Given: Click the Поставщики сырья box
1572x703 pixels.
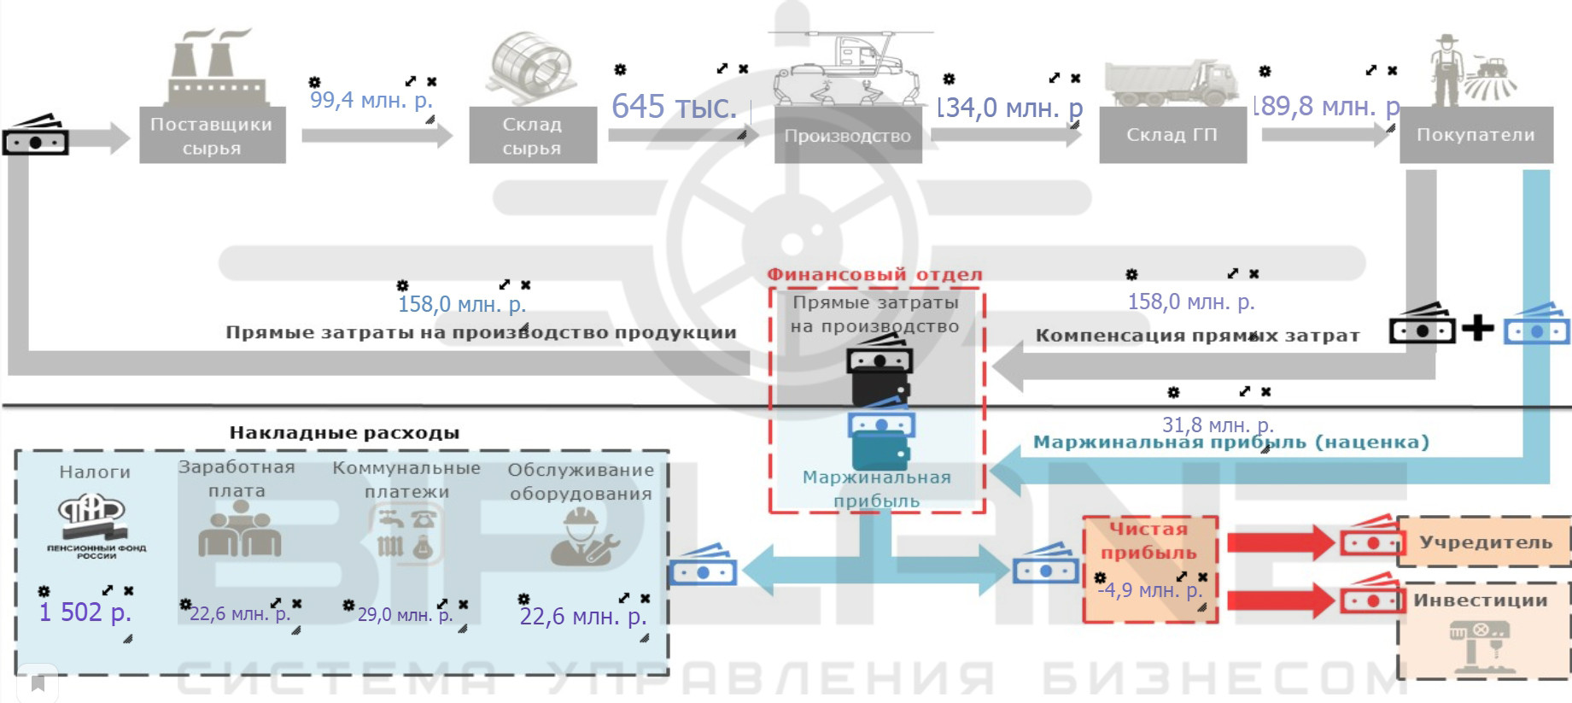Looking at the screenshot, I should coord(212,135).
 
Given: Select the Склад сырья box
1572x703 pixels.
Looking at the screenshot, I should coord(532,135).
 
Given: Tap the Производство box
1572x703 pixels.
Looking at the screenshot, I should coord(847,135).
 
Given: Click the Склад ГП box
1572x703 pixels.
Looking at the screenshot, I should coord(1172,134).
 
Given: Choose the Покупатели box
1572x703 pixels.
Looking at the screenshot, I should coord(1476,134).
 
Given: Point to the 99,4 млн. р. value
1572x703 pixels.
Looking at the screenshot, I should coord(371,100).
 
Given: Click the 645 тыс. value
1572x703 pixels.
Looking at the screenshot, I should coord(674,107).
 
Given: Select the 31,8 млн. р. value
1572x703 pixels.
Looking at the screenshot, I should coord(1218,424).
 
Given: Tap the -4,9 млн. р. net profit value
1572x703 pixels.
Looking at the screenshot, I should coord(1149,589).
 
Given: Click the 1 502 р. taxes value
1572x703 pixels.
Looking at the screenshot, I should coord(85,612).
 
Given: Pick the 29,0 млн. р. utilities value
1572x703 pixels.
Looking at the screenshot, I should coord(405,614).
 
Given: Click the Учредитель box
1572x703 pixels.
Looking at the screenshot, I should coord(1485,542).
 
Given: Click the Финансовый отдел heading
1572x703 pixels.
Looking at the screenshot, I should coord(874,274).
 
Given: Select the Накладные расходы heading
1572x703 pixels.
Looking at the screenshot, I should coord(344,432).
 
